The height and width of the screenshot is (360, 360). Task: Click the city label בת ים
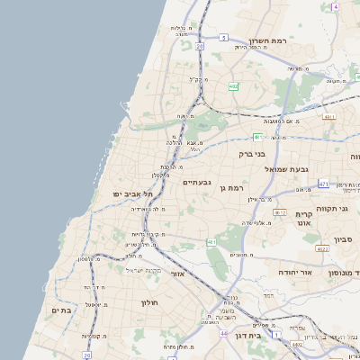61,310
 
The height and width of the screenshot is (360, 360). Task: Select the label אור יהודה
294,271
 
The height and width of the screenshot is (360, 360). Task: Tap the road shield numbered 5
222,38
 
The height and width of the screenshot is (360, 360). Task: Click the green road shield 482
233,86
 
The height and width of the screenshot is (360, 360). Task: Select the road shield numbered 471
323,184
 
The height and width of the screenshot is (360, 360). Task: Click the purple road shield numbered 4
335,6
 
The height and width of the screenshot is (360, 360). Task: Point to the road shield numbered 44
223,333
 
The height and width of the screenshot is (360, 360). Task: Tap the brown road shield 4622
321,249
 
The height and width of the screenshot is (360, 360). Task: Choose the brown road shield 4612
280,212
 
